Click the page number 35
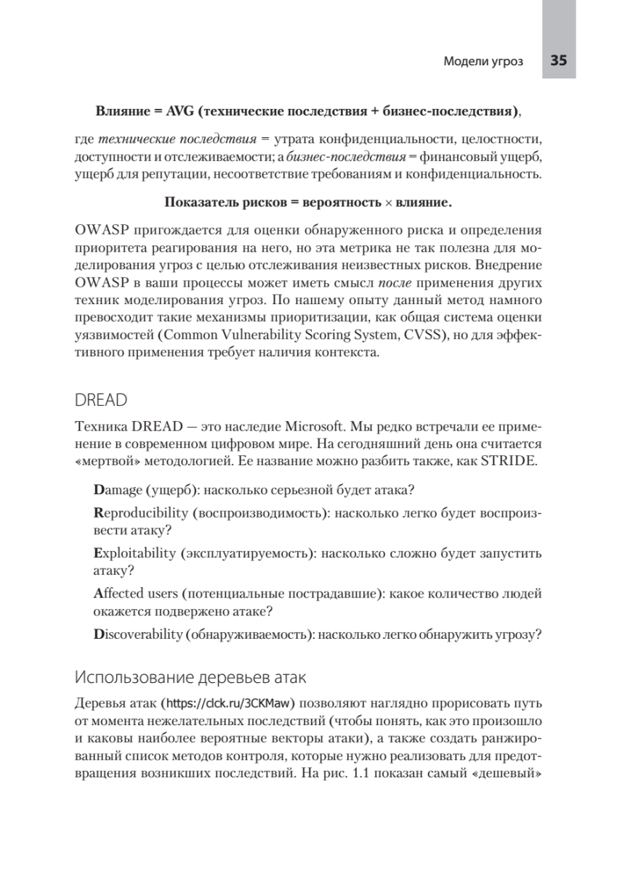pyautogui.click(x=558, y=61)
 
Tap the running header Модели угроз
pyautogui.click(x=483, y=62)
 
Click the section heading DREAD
pyautogui.click(x=101, y=401)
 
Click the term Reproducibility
pyautogui.click(x=141, y=513)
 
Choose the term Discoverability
pyautogui.click(x=137, y=634)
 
